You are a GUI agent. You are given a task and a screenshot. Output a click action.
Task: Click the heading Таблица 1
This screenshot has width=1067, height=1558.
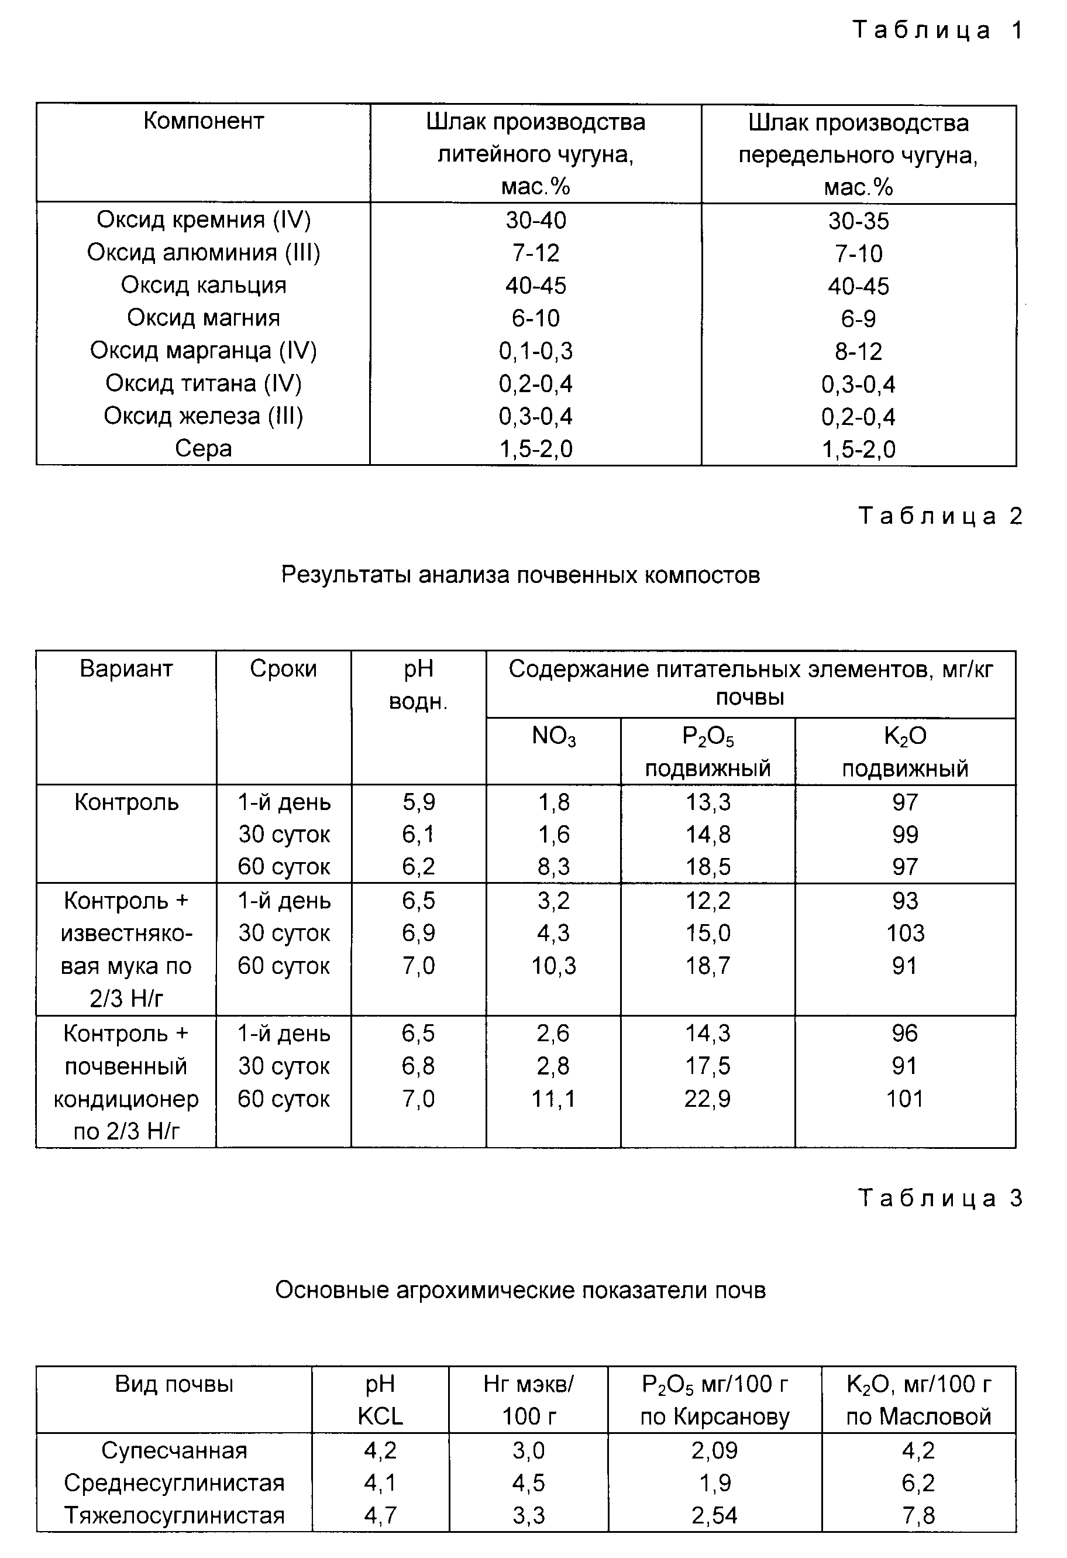click(x=938, y=30)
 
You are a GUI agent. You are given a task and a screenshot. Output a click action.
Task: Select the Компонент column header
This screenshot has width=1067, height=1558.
click(x=204, y=121)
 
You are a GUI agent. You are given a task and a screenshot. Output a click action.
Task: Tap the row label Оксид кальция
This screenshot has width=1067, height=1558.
click(x=204, y=285)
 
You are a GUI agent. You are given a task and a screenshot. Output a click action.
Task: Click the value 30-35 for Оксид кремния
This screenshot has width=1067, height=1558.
click(x=859, y=221)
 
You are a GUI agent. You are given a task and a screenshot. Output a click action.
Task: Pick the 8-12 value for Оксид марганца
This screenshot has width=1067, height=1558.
click(x=859, y=351)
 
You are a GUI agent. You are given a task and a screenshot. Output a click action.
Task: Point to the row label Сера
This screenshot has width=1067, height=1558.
click(x=204, y=448)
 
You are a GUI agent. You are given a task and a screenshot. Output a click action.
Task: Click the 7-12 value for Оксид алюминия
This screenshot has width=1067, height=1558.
click(x=535, y=253)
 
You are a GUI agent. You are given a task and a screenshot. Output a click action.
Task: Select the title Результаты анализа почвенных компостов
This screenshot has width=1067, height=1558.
click(x=520, y=575)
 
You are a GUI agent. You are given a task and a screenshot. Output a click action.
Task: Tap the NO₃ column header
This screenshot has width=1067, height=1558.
click(x=553, y=736)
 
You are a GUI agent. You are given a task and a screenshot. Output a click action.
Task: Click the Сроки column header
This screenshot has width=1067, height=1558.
click(x=284, y=668)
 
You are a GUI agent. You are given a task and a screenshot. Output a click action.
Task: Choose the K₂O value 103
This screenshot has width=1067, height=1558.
click(x=905, y=932)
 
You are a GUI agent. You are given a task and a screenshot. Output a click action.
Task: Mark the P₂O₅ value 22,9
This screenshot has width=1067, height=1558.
click(x=708, y=1098)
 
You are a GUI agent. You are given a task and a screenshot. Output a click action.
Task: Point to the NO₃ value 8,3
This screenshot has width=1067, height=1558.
click(x=553, y=866)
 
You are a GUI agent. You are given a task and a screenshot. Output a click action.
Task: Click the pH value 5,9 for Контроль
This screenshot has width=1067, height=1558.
click(x=418, y=802)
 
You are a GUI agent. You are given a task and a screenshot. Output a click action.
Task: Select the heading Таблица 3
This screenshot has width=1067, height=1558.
click(x=940, y=1198)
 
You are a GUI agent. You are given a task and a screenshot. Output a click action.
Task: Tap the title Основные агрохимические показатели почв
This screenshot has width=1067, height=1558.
click(x=520, y=1290)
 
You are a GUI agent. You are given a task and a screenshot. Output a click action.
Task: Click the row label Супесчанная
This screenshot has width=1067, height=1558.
click(x=174, y=1450)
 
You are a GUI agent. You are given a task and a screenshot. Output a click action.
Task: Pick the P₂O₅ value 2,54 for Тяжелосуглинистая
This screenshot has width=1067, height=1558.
click(x=714, y=1515)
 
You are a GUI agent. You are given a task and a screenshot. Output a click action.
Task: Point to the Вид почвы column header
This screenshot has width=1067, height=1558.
click(x=174, y=1384)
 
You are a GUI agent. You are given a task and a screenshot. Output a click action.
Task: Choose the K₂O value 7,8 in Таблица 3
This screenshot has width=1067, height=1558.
click(x=918, y=1515)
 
